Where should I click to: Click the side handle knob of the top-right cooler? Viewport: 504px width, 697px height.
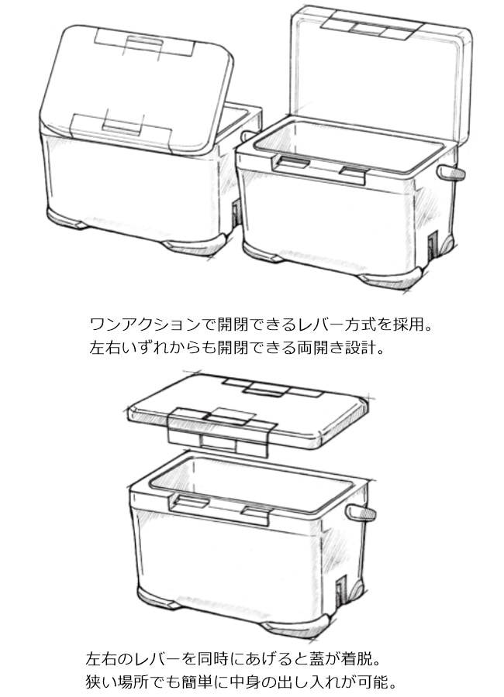tap(450, 173)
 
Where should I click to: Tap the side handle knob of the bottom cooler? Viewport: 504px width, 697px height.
tap(361, 513)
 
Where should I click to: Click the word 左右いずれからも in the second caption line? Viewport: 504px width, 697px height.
tap(153, 348)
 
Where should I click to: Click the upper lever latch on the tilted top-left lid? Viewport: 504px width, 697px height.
tap(145, 44)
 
